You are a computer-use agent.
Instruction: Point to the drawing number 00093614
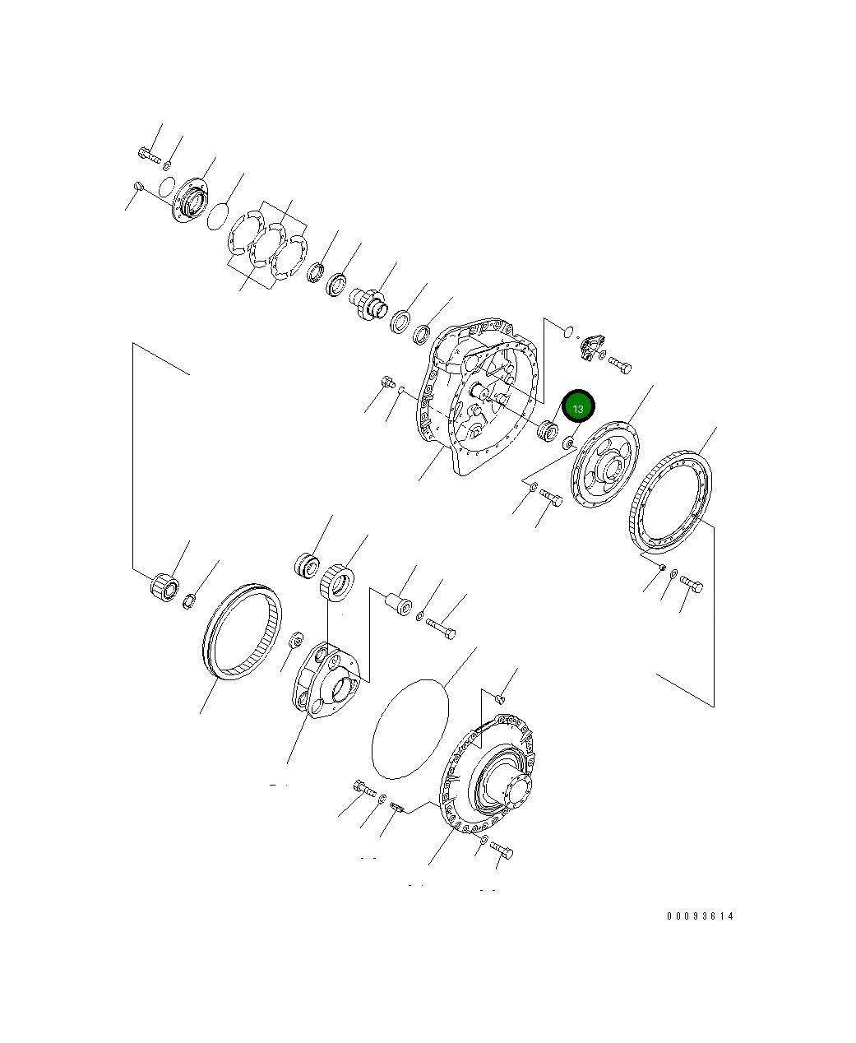click(701, 916)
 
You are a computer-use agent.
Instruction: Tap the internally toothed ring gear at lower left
click(241, 630)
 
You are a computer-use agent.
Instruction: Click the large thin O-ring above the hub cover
click(409, 727)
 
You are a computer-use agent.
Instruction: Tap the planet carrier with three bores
click(326, 679)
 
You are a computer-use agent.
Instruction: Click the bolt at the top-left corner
click(149, 153)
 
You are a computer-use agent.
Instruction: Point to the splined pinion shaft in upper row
click(369, 301)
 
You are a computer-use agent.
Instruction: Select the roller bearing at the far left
click(165, 585)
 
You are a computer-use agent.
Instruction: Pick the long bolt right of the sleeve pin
click(440, 628)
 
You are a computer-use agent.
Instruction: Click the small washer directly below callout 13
click(567, 444)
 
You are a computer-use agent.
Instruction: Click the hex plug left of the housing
click(387, 382)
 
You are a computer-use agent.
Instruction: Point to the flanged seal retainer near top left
click(189, 201)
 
